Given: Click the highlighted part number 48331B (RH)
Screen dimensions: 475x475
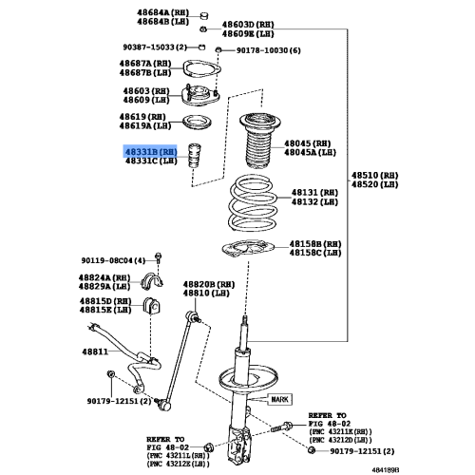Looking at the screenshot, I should [151, 151].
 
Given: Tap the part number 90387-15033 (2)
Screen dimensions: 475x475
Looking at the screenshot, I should [153, 46].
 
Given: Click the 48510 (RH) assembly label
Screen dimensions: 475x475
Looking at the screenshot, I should [375, 176].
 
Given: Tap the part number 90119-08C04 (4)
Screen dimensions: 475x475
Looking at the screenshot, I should [113, 259].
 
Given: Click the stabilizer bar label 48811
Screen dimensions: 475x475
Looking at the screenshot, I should [93, 351].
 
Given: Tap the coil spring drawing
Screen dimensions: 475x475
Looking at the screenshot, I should [254, 205].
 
